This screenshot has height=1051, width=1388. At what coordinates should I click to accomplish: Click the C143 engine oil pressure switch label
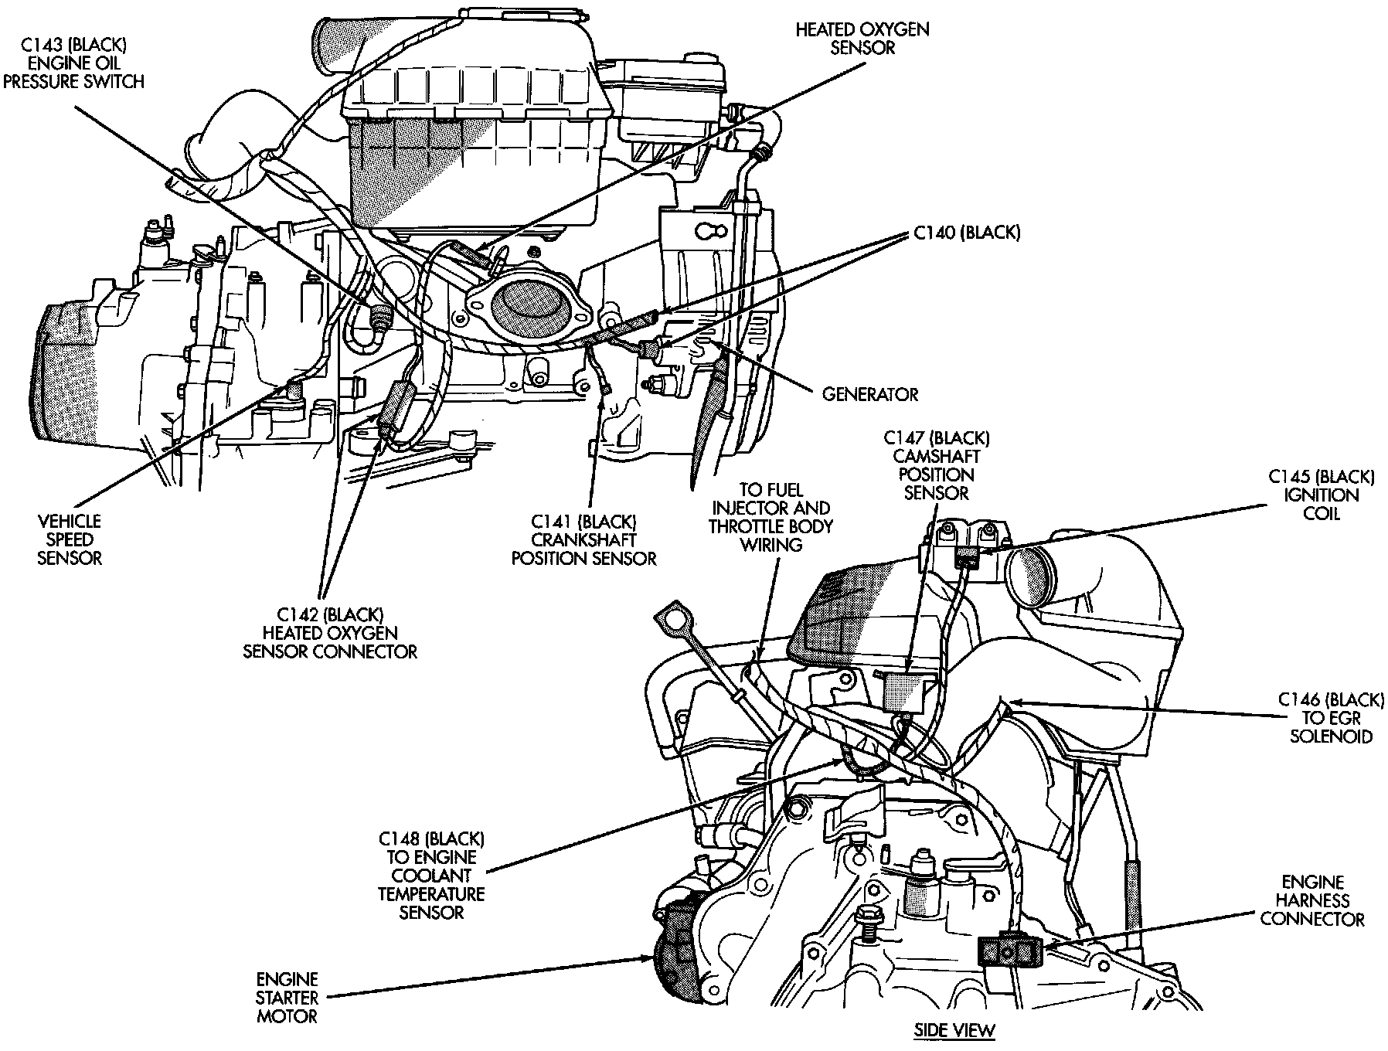[73, 63]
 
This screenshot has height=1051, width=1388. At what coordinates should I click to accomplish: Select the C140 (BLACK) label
[967, 233]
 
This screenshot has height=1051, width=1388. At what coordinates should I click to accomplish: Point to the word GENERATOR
[869, 395]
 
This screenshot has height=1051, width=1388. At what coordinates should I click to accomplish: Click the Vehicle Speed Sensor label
[70, 540]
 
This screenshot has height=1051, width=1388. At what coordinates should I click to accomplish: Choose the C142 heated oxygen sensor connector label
[331, 633]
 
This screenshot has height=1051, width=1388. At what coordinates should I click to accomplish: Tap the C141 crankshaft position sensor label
[584, 540]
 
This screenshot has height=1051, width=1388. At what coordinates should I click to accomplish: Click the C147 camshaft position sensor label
[936, 465]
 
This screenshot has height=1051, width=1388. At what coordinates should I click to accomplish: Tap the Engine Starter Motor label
[287, 998]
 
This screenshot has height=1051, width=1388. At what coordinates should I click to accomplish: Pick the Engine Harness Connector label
[1313, 900]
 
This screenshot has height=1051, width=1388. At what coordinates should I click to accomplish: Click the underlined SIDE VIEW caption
[954, 1030]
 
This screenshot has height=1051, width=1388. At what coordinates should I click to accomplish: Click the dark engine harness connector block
[1009, 950]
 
